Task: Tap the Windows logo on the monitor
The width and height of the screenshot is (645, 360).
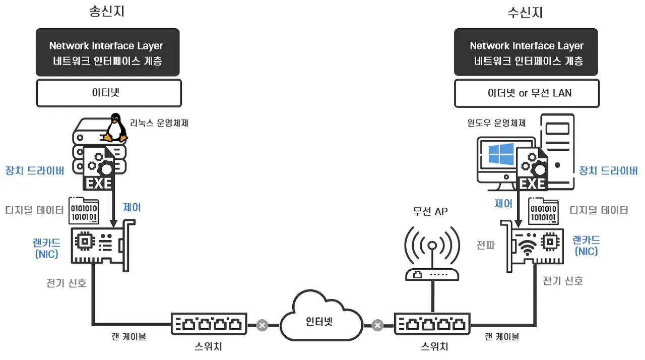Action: coord(501,154)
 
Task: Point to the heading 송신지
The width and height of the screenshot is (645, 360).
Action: coord(107,12)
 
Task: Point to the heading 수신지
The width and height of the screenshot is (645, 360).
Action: coord(525,13)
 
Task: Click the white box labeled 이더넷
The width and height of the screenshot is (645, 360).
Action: coord(109,93)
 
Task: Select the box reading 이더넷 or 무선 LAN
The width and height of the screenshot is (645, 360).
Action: coord(527,93)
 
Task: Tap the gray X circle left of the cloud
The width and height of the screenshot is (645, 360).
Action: coord(262,325)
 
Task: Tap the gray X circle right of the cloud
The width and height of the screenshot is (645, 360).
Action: coord(377,325)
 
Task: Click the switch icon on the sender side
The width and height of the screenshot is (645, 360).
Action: coord(209,324)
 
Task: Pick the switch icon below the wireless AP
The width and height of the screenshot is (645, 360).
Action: coord(432,324)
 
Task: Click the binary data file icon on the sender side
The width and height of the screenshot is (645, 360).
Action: coord(84,211)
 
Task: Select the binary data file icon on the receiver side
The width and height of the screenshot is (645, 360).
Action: coord(543,211)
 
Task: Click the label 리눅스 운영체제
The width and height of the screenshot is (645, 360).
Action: coord(159,123)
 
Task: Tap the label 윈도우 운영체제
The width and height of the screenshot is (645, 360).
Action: coord(496,123)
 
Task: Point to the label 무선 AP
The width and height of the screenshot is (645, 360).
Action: coord(430,212)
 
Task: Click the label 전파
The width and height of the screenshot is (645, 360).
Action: coord(486,246)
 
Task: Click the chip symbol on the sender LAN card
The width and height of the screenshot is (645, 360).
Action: coord(85,242)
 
